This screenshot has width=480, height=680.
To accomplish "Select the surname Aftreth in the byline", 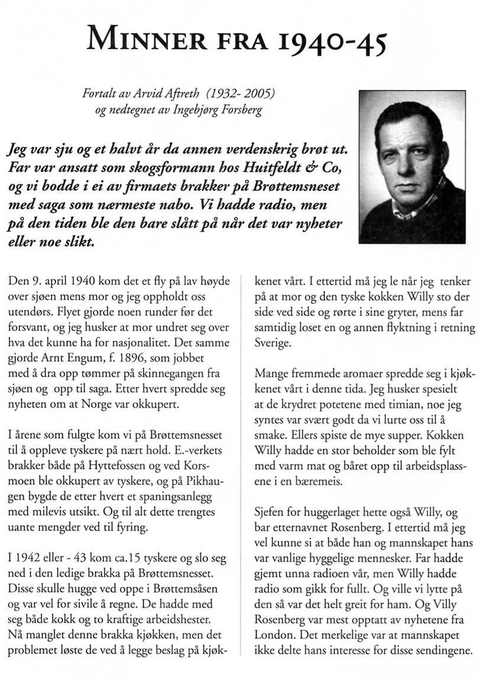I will [197, 94].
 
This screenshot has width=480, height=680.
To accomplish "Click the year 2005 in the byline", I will [262, 94].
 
